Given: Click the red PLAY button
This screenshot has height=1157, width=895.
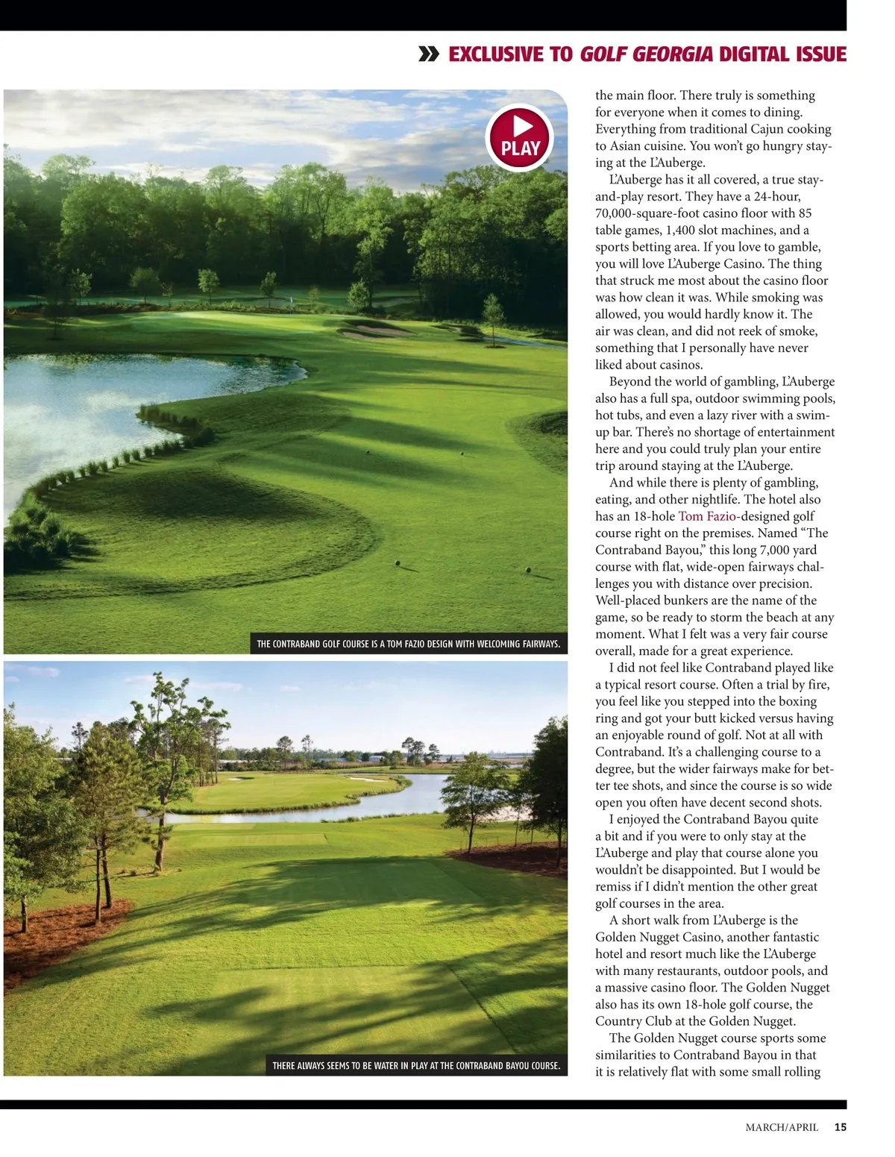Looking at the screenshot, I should [520, 138].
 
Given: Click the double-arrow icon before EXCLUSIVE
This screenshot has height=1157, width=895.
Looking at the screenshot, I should [429, 54].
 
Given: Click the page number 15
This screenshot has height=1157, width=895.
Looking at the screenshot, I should [840, 1127].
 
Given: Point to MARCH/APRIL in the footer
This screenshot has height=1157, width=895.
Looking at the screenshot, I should [782, 1127].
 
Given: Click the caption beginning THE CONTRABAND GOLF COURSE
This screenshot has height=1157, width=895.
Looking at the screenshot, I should [408, 644].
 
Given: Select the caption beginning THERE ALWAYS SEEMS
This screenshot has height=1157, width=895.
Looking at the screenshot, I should [415, 1066].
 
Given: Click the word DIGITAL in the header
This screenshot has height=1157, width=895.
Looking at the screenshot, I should [753, 54].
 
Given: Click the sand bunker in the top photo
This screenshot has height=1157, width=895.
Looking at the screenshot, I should [373, 330].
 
